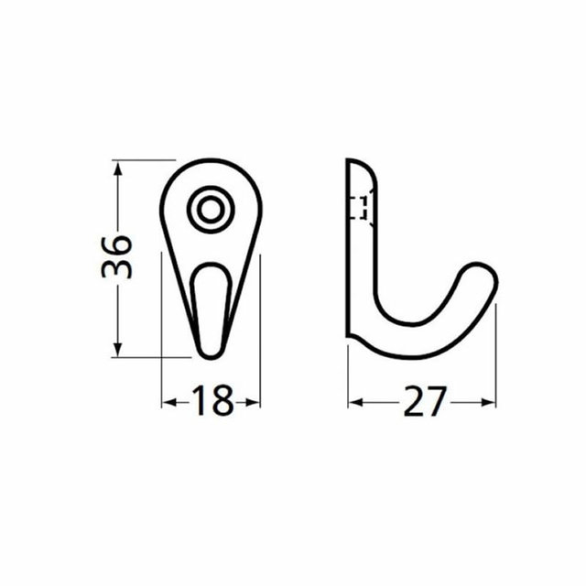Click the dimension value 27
(423, 401)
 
